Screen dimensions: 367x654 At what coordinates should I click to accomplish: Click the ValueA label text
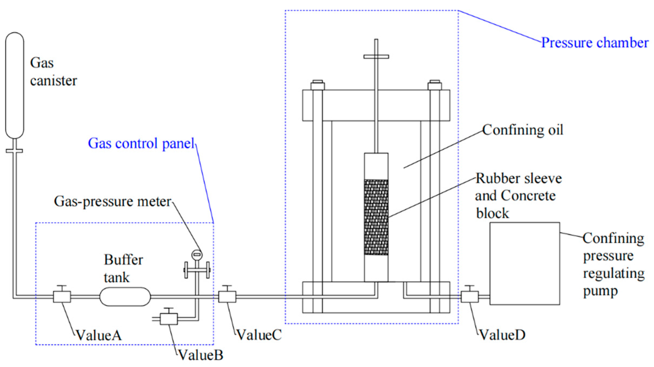point(99,335)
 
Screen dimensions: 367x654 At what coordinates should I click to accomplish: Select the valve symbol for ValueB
point(169,319)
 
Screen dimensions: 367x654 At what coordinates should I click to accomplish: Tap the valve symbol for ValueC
point(227,296)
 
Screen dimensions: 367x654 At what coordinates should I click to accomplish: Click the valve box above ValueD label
point(470,296)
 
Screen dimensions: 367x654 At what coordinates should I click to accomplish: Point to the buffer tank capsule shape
point(125,296)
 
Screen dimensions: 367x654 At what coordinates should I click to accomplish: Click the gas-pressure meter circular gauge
point(197,255)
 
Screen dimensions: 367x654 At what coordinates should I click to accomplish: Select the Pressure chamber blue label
point(595,43)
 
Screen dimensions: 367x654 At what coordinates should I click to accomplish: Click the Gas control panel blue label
point(141,143)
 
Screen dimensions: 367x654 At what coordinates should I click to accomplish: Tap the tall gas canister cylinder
point(15,85)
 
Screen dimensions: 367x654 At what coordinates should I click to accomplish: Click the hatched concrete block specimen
point(376,217)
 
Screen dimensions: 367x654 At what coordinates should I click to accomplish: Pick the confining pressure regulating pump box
point(524,263)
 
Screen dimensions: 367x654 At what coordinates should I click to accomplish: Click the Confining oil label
point(523,130)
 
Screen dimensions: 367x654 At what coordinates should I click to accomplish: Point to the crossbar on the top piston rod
point(376,57)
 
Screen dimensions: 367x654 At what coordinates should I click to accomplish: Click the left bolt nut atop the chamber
point(318,85)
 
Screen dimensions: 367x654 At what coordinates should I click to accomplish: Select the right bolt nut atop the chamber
point(435,85)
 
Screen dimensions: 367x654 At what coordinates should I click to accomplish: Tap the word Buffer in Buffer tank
point(124,260)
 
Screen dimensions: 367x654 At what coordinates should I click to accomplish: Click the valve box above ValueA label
point(62,296)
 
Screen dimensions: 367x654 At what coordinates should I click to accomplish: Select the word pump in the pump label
point(600,292)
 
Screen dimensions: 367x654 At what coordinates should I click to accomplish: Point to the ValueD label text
point(502,335)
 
